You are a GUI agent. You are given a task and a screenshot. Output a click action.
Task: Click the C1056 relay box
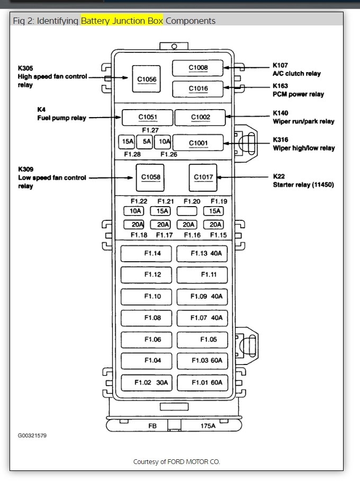click(x=147, y=79)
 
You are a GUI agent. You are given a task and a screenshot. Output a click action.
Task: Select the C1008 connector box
click(x=198, y=68)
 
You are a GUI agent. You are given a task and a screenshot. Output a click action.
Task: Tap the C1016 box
click(x=198, y=88)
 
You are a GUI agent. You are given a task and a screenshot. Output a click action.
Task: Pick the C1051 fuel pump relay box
click(x=148, y=117)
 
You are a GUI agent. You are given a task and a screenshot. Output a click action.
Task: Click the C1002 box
click(x=200, y=117)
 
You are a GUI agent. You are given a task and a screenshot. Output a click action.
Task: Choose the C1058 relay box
click(x=149, y=177)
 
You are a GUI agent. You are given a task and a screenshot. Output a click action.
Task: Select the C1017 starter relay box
click(x=203, y=177)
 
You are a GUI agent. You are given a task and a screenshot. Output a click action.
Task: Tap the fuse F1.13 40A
click(x=202, y=254)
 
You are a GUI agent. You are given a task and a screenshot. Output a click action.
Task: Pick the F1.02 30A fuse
click(x=146, y=382)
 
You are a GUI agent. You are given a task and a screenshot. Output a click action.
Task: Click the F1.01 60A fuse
click(x=202, y=382)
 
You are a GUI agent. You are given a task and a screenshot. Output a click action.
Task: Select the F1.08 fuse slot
click(x=146, y=318)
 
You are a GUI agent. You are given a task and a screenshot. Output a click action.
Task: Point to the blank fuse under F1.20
click(x=187, y=211)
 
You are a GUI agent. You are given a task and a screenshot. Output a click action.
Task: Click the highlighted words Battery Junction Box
click(x=122, y=21)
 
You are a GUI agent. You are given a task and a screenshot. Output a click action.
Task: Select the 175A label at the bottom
click(x=208, y=425)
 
